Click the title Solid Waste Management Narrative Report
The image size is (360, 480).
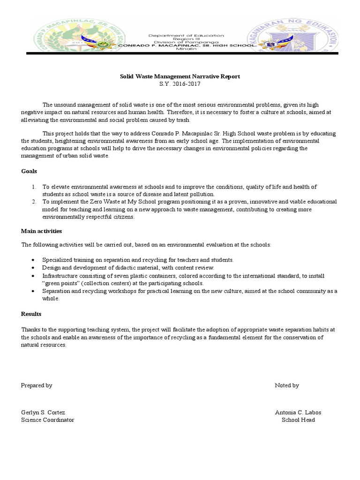click(180, 76)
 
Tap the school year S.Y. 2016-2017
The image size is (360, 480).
click(180, 83)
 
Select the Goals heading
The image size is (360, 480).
click(29, 171)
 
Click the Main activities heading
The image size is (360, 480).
click(41, 231)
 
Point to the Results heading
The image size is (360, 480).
click(31, 314)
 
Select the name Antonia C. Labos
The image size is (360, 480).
click(298, 412)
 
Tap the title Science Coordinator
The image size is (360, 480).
click(47, 420)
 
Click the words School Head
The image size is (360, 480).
click(298, 420)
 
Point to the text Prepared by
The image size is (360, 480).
click(37, 385)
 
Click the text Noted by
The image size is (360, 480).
click(287, 385)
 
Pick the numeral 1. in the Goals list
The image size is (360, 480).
click(34, 187)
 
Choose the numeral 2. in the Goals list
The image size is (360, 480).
click(34, 202)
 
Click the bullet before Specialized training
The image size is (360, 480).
click(32, 260)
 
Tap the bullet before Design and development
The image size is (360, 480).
click(32, 267)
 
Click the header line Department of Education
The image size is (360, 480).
click(186, 36)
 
